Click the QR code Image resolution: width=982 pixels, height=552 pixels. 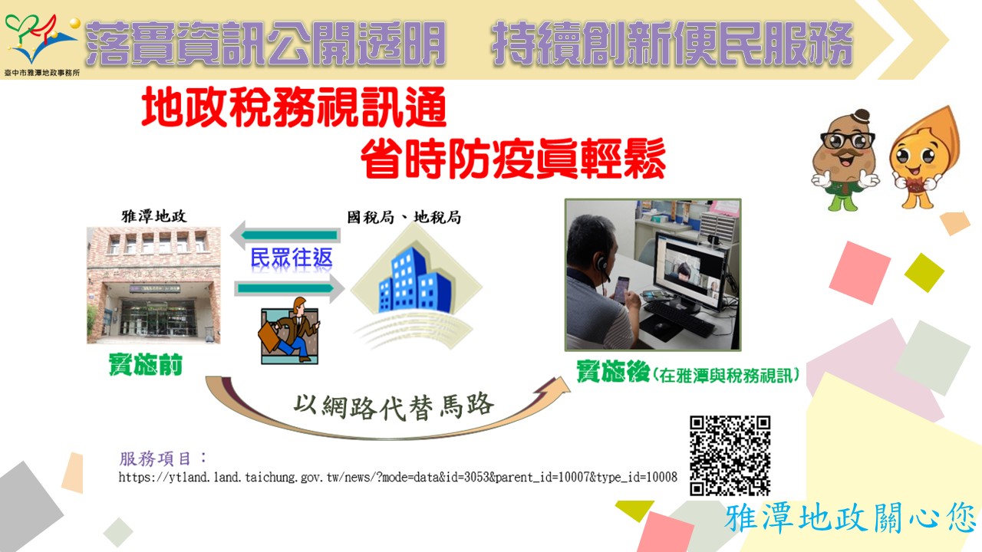click(730, 455)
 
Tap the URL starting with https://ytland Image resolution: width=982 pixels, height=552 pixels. click(397, 477)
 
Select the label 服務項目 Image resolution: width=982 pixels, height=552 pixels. click(155, 458)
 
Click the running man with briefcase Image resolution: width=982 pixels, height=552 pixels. click(290, 330)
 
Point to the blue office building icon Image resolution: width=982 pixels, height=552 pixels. click(414, 281)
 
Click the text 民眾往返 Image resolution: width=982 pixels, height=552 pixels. click(291, 258)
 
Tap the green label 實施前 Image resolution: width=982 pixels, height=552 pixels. click(145, 364)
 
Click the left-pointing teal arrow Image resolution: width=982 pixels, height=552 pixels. click(285, 235)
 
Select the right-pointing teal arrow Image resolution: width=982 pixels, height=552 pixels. click(289, 288)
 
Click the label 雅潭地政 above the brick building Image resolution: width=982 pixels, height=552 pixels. click(154, 216)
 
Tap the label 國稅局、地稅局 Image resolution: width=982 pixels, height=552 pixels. click(404, 217)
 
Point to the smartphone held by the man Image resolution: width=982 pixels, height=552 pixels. click(622, 289)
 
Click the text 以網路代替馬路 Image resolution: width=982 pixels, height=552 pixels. click(394, 406)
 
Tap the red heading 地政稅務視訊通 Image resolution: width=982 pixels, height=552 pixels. click(294, 107)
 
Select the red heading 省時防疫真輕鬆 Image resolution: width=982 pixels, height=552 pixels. click(513, 158)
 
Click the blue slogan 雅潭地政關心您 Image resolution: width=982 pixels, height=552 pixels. click(851, 518)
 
